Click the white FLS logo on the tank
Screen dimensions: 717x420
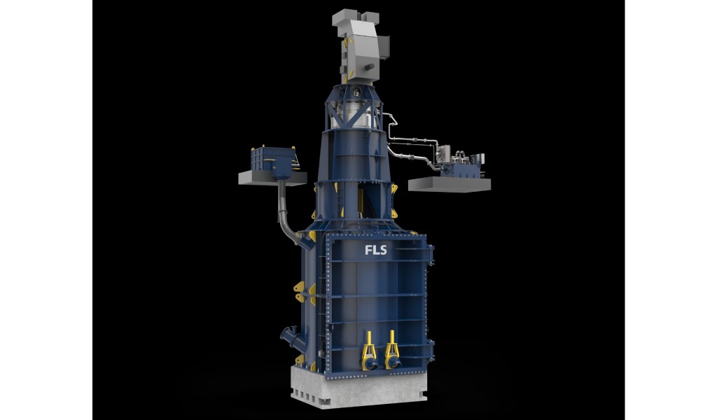pyautogui.click(x=375, y=250)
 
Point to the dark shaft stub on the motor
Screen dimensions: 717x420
pyautogui.click(x=370, y=66)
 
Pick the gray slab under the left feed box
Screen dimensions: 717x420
pyautogui.click(x=272, y=178)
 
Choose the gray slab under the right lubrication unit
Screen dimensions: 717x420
pyautogui.click(x=450, y=185)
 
